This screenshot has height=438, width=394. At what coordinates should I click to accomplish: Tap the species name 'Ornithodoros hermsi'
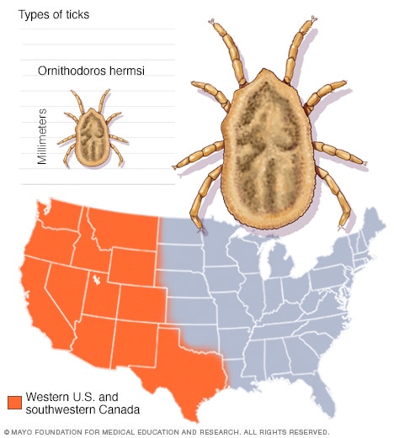[91, 71]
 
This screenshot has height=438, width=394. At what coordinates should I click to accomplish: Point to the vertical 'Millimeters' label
[43, 135]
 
